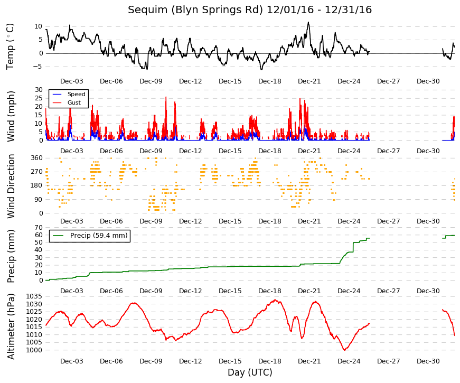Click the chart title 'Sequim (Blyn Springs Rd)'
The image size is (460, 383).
[x=195, y=10]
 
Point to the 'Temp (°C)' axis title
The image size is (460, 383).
[x=10, y=46]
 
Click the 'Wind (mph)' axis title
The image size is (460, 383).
[x=11, y=117]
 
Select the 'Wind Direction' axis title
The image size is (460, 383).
[x=11, y=186]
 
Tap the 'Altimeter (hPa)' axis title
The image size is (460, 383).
[x=11, y=326]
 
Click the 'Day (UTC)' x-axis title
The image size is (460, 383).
[x=250, y=372]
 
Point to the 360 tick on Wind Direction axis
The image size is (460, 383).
[x=36, y=158]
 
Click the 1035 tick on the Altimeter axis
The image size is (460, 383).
[x=34, y=296]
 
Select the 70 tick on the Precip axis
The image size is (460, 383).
[x=39, y=228]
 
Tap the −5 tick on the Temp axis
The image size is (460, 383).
[x=37, y=67]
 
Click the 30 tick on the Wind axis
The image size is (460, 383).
[x=39, y=90]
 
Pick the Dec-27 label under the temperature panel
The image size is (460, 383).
[x=388, y=81]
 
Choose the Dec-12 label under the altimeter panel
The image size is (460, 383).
[x=191, y=361]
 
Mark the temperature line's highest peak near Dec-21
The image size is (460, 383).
[x=308, y=22]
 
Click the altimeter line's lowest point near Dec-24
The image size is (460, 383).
[x=344, y=350]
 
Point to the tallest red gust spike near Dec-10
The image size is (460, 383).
[x=166, y=97]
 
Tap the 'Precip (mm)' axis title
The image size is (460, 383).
[x=11, y=256]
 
